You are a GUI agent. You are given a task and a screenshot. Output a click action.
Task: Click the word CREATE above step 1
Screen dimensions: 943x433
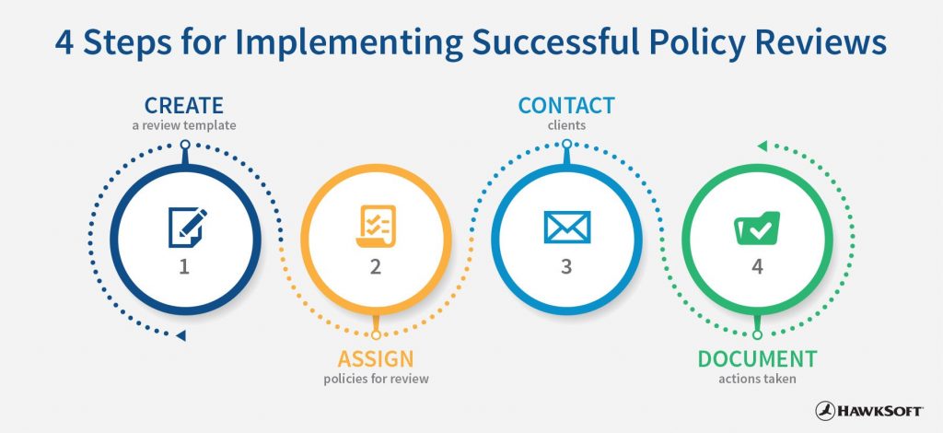tap(184, 105)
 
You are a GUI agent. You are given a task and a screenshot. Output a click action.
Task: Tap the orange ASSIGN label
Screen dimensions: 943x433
tap(376, 359)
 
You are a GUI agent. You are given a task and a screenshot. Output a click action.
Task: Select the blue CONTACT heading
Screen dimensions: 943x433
tap(566, 105)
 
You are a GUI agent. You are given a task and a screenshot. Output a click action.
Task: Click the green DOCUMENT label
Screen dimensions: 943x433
tap(757, 359)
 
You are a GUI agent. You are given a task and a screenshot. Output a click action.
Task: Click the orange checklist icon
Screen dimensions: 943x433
tap(376, 226)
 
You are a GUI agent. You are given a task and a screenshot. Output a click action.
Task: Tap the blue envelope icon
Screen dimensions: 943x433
tap(566, 227)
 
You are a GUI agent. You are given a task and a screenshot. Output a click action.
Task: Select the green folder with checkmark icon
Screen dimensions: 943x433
tap(757, 228)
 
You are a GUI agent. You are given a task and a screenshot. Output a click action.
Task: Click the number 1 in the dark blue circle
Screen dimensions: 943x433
tap(184, 266)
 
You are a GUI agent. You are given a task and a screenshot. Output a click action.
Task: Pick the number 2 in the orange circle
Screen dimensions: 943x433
tap(376, 266)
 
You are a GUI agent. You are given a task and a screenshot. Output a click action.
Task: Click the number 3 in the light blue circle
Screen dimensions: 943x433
tap(566, 266)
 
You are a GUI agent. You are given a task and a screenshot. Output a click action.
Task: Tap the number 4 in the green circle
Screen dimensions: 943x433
tap(757, 266)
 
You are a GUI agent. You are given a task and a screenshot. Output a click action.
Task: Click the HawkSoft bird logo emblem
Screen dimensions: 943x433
tap(826, 411)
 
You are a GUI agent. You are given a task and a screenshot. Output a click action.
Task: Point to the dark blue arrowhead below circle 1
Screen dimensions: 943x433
tap(180, 335)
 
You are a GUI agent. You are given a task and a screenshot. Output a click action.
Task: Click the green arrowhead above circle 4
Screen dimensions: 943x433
tap(762, 146)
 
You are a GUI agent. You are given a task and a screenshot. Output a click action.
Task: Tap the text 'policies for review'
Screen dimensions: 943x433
tap(376, 379)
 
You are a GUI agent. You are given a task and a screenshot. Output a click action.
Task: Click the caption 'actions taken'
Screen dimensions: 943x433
tap(757, 379)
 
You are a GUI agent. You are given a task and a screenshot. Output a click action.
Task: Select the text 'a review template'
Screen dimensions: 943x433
tap(184, 125)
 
